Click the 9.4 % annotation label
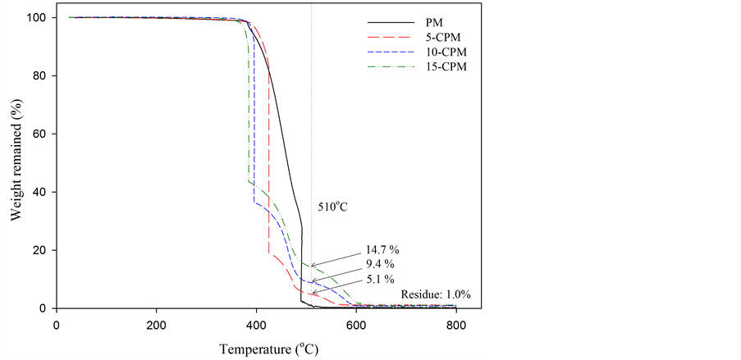378,264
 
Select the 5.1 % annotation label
378,279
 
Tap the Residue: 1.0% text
436,294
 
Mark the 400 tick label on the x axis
256,325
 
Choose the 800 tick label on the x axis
456,325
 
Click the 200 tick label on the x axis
156,325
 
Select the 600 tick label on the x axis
356,325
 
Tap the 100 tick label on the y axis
36,18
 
